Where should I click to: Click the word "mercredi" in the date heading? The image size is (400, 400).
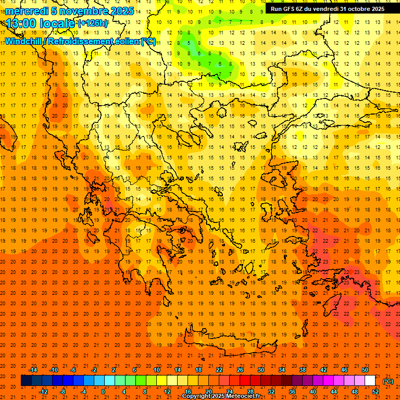coord(24,11)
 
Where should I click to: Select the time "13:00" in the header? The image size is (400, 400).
coord(23,23)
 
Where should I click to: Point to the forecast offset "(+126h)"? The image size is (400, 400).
coord(93,23)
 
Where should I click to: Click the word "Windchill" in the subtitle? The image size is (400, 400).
coord(23,41)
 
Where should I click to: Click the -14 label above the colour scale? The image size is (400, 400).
coord(33,370)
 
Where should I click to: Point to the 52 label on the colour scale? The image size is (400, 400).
coord(376,392)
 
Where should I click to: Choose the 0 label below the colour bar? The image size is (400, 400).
coord(104,392)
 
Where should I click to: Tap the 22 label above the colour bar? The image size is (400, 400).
coord(219,370)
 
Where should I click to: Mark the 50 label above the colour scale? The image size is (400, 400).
coord(365,370)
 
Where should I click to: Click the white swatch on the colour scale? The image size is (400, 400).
coord(370,381)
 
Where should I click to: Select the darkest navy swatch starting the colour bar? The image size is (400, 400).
coord(26,381)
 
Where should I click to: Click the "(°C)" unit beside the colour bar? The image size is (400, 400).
coord(388,381)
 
